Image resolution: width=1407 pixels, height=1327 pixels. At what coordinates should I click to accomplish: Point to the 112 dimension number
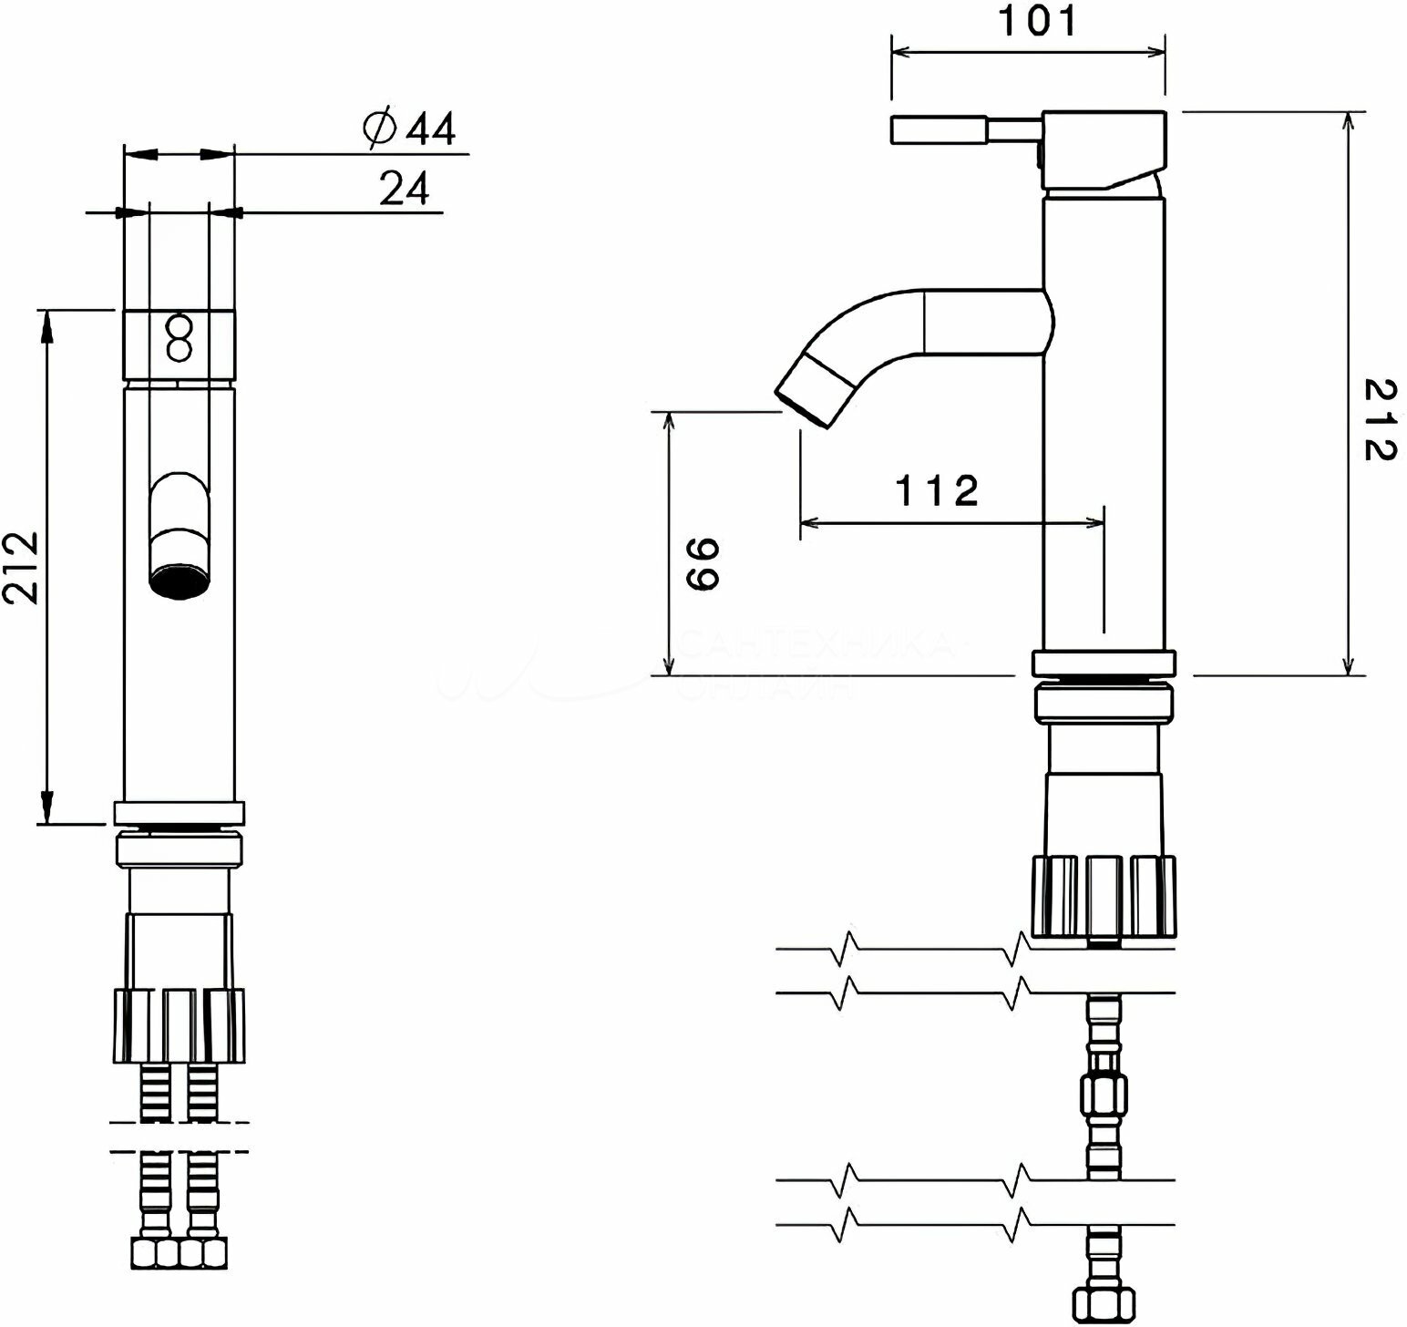coord(937,491)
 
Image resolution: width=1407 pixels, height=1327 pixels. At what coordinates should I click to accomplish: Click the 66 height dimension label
coord(703,564)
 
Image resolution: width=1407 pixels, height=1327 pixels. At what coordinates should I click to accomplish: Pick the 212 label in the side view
coord(1376,420)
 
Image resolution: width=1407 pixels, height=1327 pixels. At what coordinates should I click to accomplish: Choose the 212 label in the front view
coord(21,566)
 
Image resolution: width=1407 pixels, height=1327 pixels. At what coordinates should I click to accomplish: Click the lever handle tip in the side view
coord(939,129)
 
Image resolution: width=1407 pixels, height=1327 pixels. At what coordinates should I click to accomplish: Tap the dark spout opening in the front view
coord(180,581)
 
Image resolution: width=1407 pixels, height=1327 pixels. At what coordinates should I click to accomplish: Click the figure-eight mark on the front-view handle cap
coord(180,338)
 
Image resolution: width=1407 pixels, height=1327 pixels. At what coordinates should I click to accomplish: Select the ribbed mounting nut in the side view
coord(1104,895)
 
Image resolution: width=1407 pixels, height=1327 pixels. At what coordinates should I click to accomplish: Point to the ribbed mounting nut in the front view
coord(180,1024)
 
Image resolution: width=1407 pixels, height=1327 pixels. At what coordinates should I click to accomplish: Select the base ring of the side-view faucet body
coord(1104,663)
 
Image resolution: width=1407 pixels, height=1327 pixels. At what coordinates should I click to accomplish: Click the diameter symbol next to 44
coord(378,129)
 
